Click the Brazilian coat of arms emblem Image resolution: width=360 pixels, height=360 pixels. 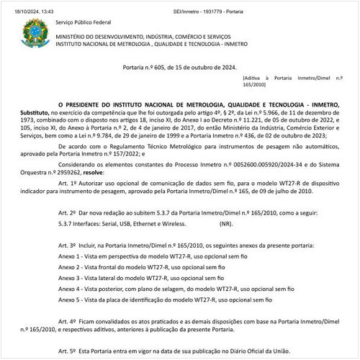coord(32,33)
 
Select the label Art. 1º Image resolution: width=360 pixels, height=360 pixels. coord(73,185)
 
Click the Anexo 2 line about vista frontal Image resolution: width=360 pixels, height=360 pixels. coord(125,266)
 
